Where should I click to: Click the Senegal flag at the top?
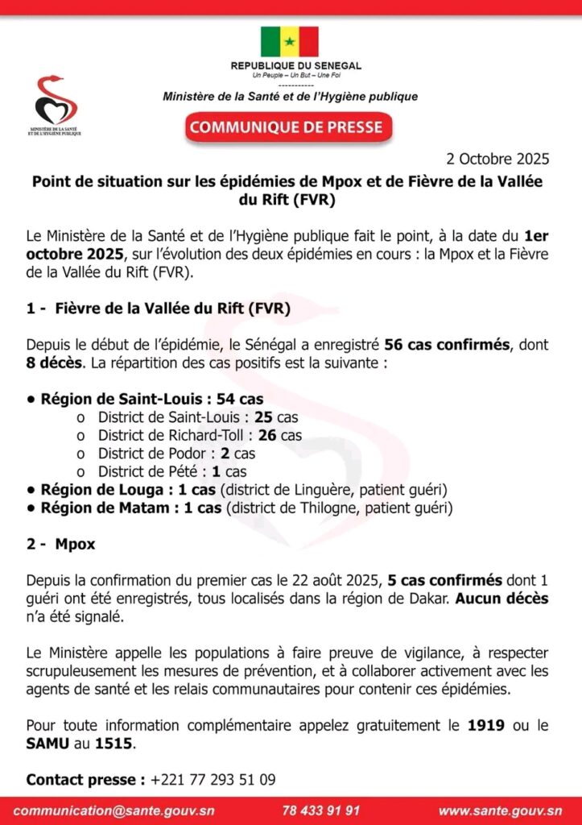289,41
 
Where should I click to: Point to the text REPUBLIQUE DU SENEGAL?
295,65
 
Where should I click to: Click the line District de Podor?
176,453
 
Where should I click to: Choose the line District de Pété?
172,471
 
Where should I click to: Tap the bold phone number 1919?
486,725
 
